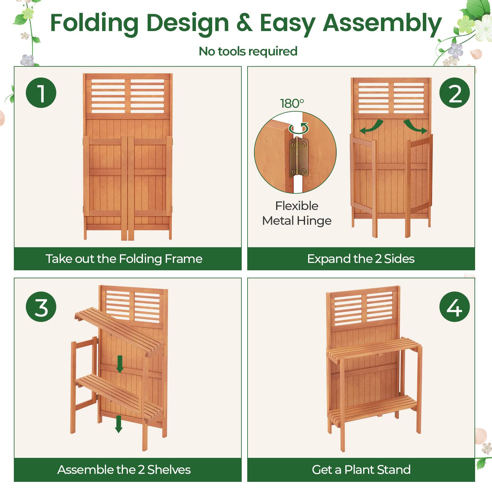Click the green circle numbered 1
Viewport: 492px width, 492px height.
41,93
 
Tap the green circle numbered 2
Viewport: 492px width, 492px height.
454,93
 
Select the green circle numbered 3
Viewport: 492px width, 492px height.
41,307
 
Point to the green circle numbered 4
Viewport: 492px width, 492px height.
454,307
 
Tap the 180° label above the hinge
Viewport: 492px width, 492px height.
292,103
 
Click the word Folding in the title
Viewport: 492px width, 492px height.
94,23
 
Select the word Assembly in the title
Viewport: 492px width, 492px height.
382,23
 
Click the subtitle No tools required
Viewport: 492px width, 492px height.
248,51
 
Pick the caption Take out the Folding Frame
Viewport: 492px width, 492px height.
124,259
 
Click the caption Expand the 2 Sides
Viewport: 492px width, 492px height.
361,259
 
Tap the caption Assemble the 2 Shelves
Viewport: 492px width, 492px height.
124,470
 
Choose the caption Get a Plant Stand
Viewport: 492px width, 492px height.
361,470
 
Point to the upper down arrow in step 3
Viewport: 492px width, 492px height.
120,364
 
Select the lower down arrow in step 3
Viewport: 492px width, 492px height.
118,424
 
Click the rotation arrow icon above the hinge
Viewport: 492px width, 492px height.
299,128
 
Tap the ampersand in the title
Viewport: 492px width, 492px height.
244,23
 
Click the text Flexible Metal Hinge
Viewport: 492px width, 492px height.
297,213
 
